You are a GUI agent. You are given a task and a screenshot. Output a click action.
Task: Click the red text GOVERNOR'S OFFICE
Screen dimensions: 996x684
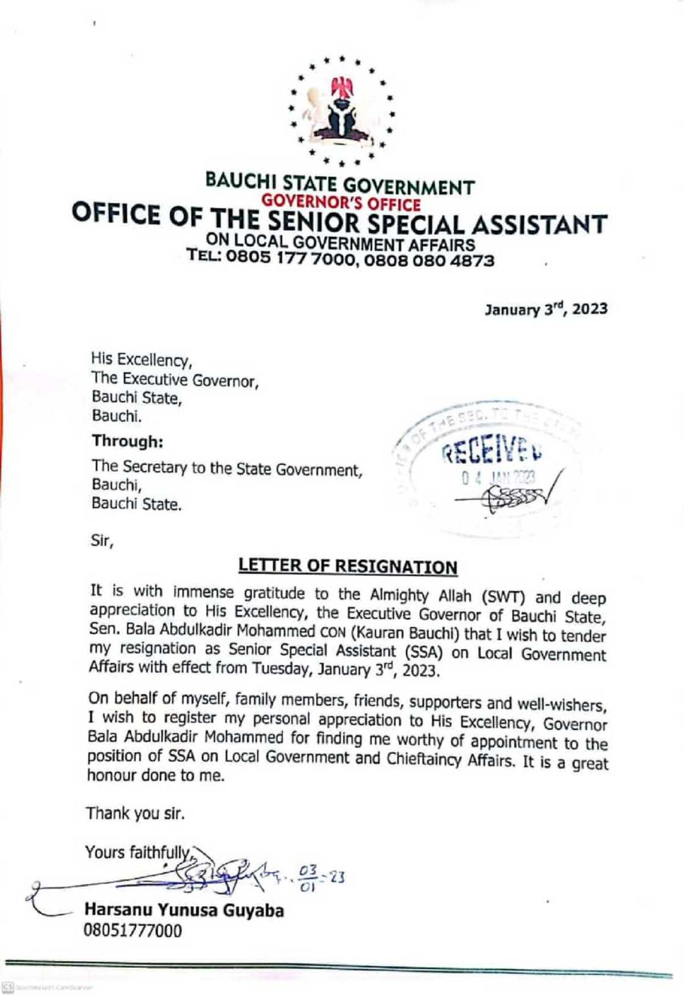pyautogui.click(x=341, y=203)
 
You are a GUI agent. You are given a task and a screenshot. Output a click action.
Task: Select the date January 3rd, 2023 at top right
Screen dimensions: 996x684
pyautogui.click(x=546, y=309)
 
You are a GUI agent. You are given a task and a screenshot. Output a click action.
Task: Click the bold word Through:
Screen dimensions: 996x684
pyautogui.click(x=128, y=441)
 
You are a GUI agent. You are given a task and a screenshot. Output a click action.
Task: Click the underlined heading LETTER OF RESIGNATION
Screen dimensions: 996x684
pyautogui.click(x=347, y=566)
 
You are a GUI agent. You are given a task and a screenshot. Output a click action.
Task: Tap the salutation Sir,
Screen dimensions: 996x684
pyautogui.click(x=102, y=541)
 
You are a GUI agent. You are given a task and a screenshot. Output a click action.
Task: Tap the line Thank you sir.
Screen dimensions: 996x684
pyautogui.click(x=135, y=813)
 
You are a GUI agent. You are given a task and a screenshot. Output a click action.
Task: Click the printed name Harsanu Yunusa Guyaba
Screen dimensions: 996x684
pyautogui.click(x=184, y=910)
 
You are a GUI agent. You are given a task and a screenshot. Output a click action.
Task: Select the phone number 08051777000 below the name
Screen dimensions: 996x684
pyautogui.click(x=133, y=931)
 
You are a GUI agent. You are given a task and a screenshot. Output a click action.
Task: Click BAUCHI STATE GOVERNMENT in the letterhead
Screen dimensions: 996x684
pyautogui.click(x=340, y=183)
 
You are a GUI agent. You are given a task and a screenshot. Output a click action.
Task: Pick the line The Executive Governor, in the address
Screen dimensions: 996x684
pyautogui.click(x=176, y=380)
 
